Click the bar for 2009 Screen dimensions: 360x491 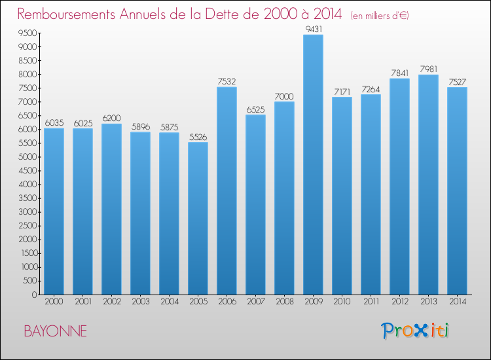(x=313, y=164)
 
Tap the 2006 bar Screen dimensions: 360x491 (x=227, y=190)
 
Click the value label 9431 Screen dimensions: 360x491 (x=313, y=29)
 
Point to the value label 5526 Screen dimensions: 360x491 (x=198, y=137)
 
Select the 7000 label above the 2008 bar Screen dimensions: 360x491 (x=284, y=96)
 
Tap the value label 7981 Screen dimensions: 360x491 (x=428, y=69)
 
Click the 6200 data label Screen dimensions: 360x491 (x=111, y=118)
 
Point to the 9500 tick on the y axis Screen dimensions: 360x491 (x=27, y=33)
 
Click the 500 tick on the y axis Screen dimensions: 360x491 (x=29, y=281)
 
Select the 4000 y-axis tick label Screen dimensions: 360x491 (x=27, y=185)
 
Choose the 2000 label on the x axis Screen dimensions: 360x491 (x=54, y=302)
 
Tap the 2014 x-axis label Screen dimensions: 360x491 (x=457, y=302)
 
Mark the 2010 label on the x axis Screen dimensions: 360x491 (x=342, y=302)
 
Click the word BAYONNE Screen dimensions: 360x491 (x=55, y=331)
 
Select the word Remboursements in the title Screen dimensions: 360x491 (x=68, y=14)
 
